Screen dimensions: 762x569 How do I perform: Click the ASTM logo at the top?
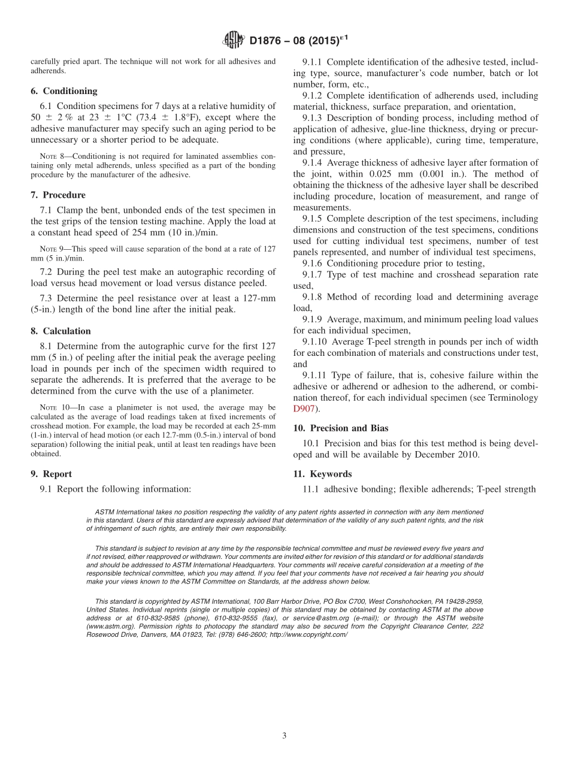click(x=233, y=40)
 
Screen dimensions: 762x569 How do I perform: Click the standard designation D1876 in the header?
click(x=267, y=40)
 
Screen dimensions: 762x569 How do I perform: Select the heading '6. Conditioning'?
click(x=63, y=91)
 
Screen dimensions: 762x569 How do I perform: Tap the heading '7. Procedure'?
click(x=57, y=195)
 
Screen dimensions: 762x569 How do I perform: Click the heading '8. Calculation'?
click(x=60, y=331)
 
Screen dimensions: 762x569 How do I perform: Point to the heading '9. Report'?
click(x=51, y=473)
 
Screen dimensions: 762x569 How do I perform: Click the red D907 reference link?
click(x=304, y=409)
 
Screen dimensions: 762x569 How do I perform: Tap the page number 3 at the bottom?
click(x=284, y=736)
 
